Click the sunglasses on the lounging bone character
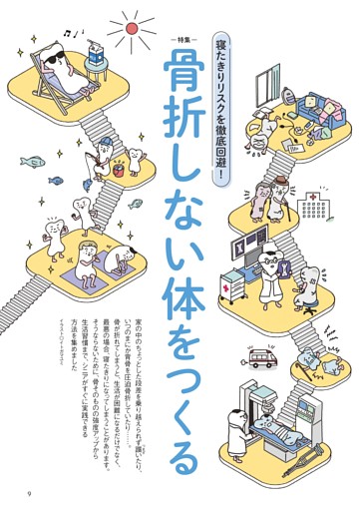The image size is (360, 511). (55, 59)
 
